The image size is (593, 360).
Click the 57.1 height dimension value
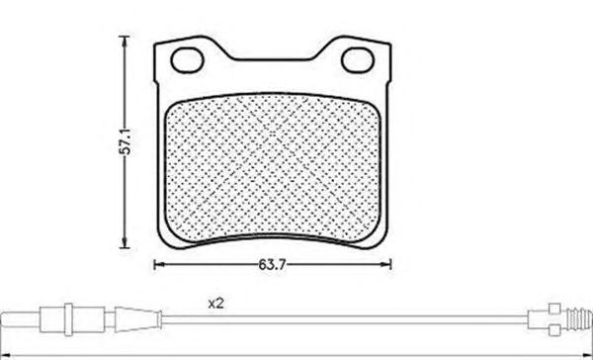[125, 141]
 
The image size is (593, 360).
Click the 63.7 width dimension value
[272, 265]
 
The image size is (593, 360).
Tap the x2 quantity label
[215, 304]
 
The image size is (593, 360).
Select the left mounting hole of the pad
[187, 60]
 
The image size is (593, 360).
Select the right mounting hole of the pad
[358, 60]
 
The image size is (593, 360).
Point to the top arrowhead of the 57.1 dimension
[125, 41]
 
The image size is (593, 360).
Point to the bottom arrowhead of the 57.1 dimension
[125, 243]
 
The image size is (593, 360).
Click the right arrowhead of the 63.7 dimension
[386, 265]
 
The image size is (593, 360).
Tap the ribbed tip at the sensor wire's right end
[581, 319]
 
